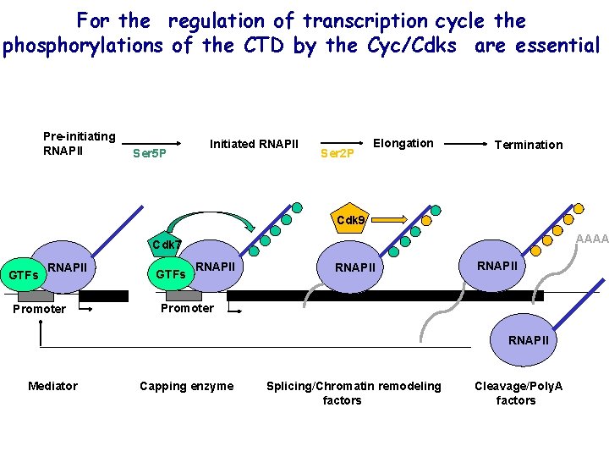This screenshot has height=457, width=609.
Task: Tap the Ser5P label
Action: [x=151, y=154]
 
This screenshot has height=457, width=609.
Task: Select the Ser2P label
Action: [x=337, y=154]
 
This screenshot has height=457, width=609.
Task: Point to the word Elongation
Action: [x=403, y=143]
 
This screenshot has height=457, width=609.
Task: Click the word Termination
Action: [x=529, y=145]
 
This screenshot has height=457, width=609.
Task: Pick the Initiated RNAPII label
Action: [x=254, y=144]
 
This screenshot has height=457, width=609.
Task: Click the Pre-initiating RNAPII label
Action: [x=79, y=143]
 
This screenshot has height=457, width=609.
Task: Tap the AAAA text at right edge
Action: [x=591, y=239]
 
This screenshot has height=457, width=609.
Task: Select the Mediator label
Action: [x=52, y=386]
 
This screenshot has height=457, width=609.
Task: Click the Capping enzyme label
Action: [x=186, y=386]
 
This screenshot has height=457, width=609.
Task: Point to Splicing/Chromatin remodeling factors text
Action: [x=354, y=393]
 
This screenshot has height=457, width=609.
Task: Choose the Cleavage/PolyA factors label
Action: [x=518, y=393]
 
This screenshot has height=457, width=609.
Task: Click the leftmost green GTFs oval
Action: [x=24, y=274]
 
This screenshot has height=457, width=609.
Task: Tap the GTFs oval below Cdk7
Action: [x=171, y=274]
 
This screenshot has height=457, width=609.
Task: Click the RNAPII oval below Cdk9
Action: [x=355, y=267]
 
